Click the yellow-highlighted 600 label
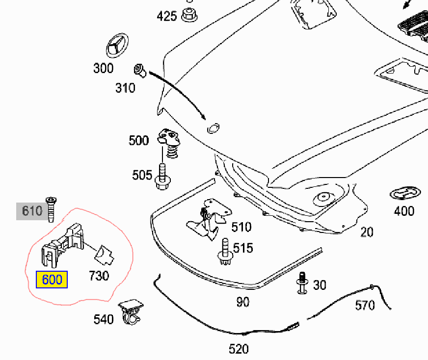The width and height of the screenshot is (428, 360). point(52,280)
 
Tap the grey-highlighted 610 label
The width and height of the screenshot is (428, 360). point(32,211)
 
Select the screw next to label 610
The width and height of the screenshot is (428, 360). point(51,209)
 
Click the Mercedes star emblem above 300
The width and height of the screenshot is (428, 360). point(117,46)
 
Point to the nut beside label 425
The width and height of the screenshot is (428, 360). point(189,15)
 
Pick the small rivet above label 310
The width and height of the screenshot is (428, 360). point(140,70)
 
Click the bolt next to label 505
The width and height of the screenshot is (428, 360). point(162,177)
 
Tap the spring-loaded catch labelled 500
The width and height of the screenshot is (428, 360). point(169,143)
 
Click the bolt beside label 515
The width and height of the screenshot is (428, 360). point(225,252)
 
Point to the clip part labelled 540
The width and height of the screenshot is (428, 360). point(131,312)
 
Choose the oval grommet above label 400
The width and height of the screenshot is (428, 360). point(405,194)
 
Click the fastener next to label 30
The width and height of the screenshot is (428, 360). point(302,283)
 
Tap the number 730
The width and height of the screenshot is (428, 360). point(99,276)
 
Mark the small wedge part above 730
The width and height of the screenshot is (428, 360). point(104,255)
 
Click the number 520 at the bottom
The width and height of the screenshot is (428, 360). point(239,349)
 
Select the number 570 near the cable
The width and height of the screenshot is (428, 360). point(365,306)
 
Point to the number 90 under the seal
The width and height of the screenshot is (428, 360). point(242,302)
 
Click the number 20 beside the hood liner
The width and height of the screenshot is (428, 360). point(367,232)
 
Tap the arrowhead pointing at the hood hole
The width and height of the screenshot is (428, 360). point(203,117)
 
